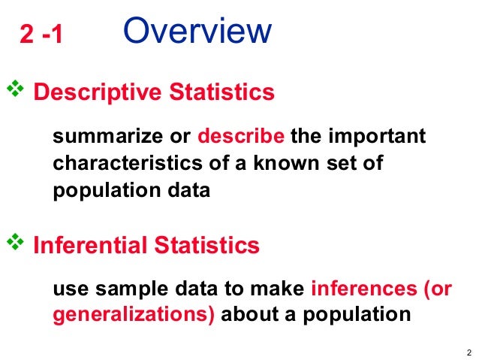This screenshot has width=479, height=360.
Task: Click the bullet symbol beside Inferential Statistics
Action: [x=16, y=243]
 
